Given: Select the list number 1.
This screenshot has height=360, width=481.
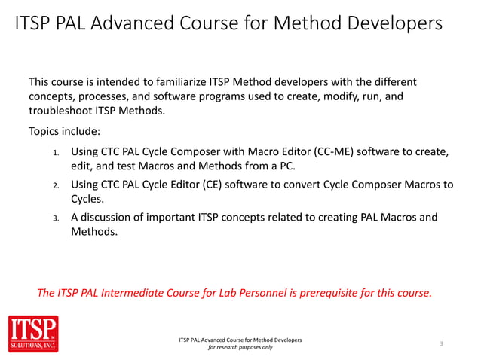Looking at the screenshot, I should pos(55,153).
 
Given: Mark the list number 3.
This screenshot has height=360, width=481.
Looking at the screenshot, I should pos(55,218).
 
